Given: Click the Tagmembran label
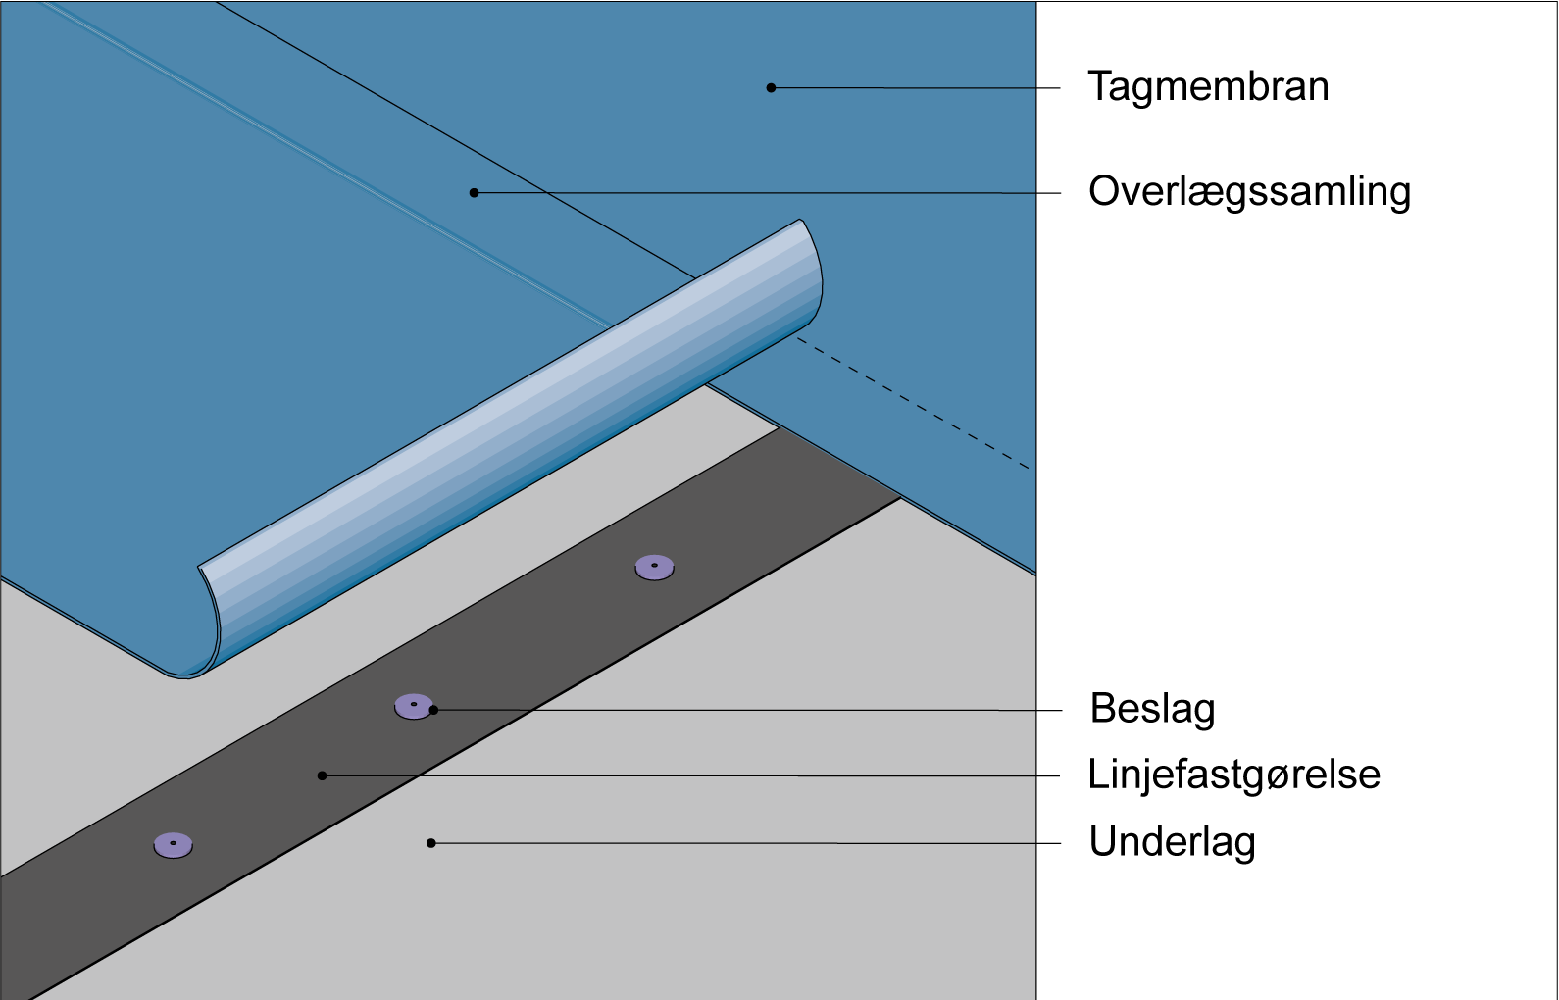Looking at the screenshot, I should coord(1208,87).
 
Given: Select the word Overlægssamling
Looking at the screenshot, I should coord(1249,192).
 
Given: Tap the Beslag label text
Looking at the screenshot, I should coord(1152,709).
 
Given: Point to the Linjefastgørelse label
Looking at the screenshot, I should coord(1233,775).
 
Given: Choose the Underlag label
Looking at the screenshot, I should coord(1172,842).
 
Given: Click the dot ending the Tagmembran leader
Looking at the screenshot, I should coord(771,88).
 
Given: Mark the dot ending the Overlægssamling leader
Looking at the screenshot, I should coord(475,193).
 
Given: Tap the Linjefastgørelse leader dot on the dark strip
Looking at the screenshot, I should coord(322,775).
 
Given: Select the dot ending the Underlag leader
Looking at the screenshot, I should coord(430,842).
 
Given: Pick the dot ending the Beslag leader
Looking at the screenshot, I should coord(433,710).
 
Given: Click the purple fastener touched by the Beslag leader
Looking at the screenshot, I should coord(413,706).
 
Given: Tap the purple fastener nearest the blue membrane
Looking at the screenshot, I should coord(654,567).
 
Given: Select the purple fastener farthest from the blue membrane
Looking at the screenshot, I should coord(173,844).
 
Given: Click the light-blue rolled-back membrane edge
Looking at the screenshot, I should coord(510,441).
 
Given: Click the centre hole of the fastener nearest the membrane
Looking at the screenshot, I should coord(654,565).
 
